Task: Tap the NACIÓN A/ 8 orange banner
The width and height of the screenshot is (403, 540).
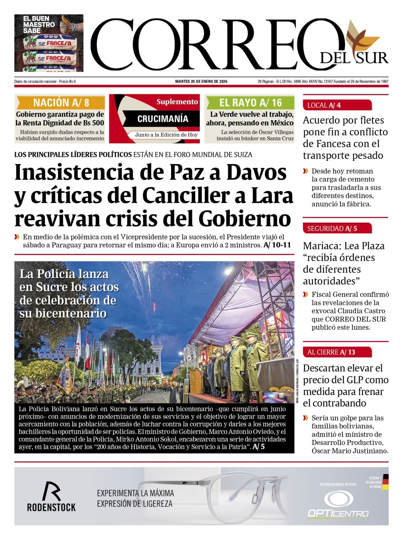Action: (60, 102)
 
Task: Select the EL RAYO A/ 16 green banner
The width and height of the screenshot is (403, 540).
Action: (250, 102)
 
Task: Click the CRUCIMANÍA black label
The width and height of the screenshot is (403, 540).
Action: (162, 119)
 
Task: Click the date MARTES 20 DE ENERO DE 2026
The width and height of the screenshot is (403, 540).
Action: (201, 81)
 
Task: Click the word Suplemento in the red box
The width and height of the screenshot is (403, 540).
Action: (177, 102)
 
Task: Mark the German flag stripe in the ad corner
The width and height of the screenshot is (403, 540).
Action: (385, 482)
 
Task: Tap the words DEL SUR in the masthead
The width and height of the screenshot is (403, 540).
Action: (354, 58)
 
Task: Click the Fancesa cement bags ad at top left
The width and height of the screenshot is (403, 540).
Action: (49, 43)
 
